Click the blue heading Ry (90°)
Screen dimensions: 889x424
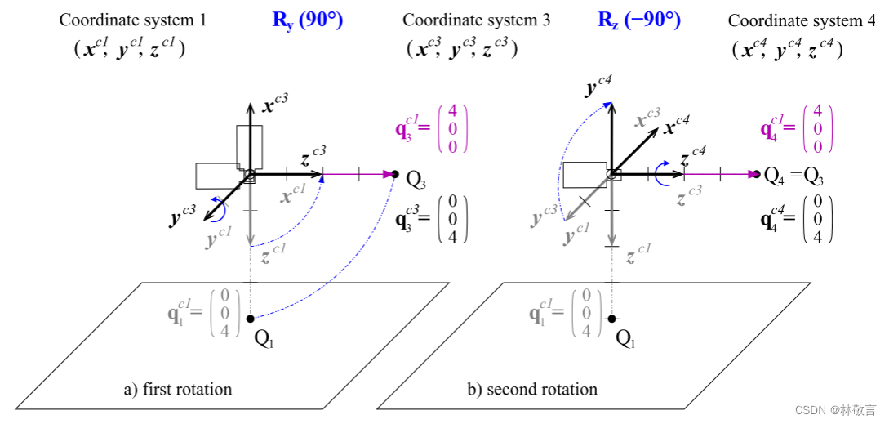tap(308, 20)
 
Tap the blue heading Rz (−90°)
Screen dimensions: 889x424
tap(640, 20)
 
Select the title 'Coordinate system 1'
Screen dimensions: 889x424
tap(132, 20)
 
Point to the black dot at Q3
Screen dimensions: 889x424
tap(395, 174)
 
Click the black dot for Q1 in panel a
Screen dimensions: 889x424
tap(250, 318)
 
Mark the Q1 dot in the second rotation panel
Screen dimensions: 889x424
tap(611, 318)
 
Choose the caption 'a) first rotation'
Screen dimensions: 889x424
tap(178, 390)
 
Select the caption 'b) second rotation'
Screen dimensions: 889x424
tap(532, 390)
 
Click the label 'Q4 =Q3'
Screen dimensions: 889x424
tap(793, 176)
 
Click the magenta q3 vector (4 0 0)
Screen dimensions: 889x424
tap(432, 129)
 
